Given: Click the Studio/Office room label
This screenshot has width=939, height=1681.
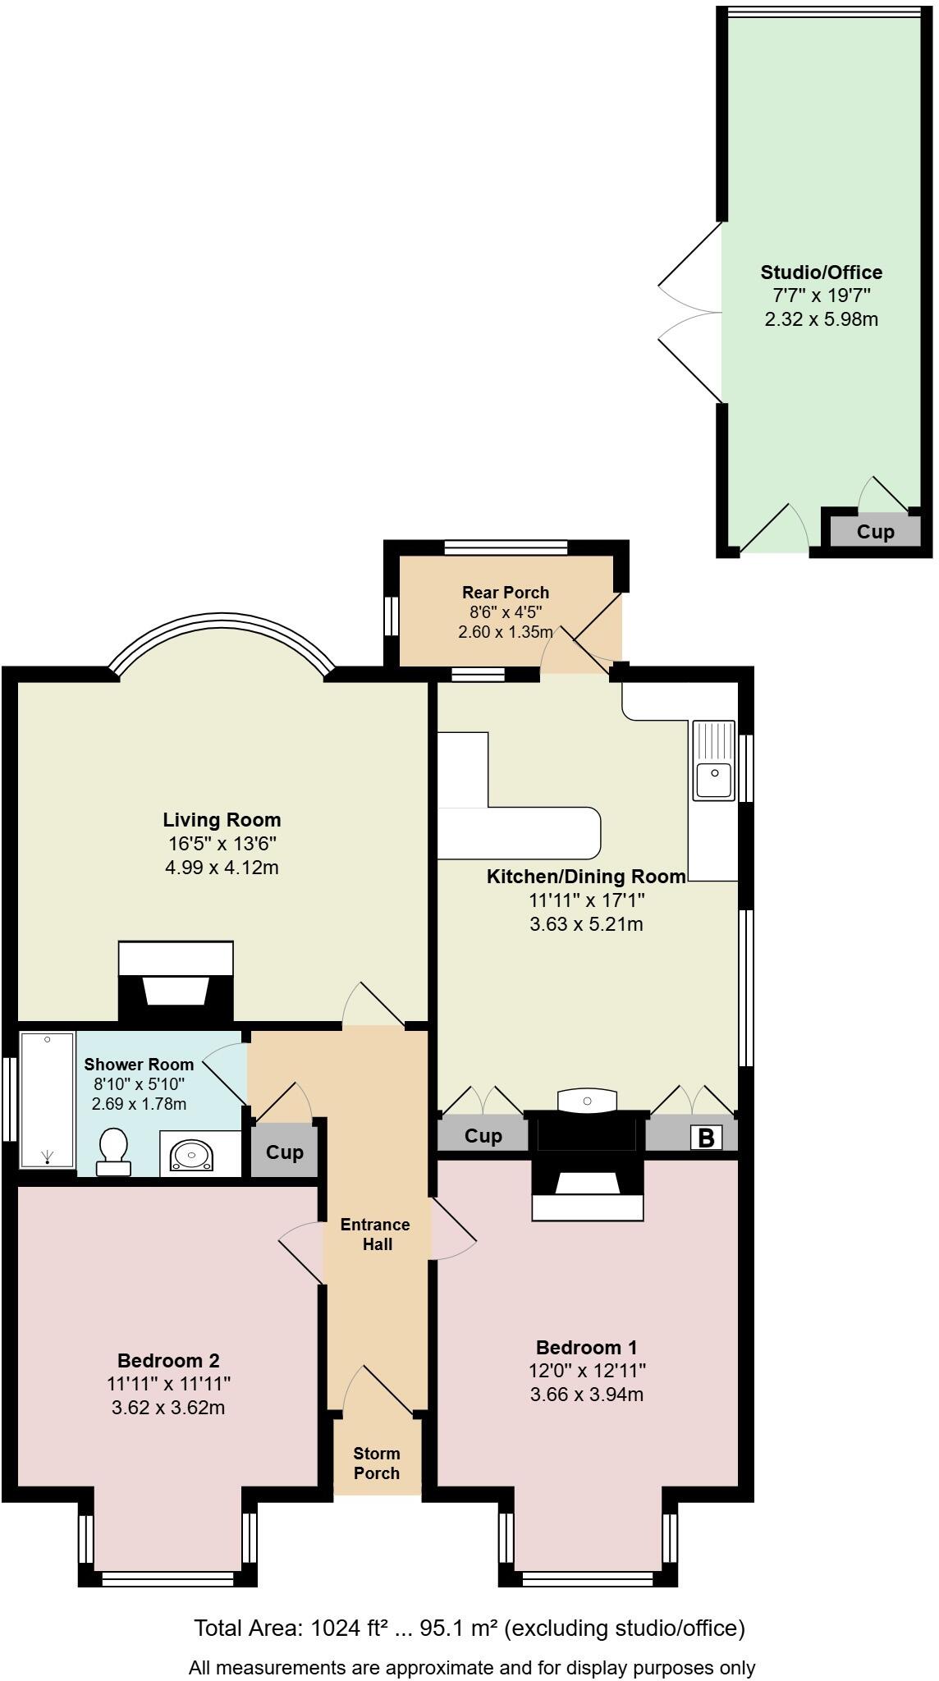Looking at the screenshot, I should tap(821, 273).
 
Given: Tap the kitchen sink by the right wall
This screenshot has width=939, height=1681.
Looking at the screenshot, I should tap(713, 760).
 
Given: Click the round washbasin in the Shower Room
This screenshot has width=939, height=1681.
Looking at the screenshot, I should tap(191, 1156).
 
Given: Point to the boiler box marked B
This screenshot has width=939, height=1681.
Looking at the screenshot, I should tap(706, 1138).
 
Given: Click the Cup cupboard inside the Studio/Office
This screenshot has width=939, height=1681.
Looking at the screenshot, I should tap(875, 532).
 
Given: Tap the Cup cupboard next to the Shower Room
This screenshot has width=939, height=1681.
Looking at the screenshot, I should tap(284, 1152).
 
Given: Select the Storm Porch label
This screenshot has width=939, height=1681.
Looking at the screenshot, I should tap(377, 1463).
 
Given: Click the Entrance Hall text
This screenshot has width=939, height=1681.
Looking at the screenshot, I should tap(375, 1234).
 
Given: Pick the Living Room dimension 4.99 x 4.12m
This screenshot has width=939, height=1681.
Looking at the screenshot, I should tap(222, 867).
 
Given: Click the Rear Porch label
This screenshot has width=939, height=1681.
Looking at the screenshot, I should tap(505, 593).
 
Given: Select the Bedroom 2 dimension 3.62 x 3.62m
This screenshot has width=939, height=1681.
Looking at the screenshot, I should tap(168, 1408).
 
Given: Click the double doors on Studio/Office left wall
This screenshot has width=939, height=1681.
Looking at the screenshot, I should tap(689, 312).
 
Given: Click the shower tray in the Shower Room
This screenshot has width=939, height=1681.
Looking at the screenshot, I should tap(47, 1100).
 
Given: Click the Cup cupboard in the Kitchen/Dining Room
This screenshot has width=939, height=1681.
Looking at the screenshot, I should tap(483, 1136).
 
